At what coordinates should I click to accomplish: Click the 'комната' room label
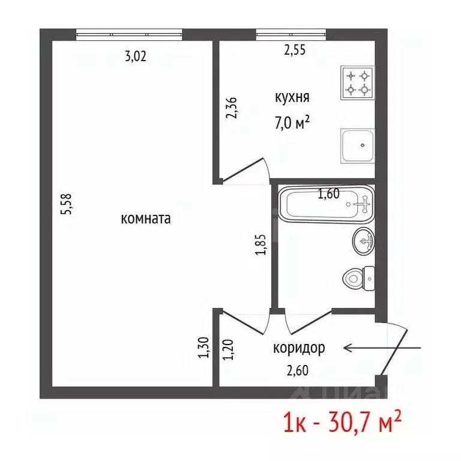click(146, 219)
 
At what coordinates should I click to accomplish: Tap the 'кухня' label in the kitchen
click(292, 97)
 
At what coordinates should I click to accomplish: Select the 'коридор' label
click(299, 348)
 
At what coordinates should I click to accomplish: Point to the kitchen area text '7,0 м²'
click(292, 122)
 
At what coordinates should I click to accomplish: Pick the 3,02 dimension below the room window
click(135, 57)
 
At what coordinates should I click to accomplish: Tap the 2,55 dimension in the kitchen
click(295, 50)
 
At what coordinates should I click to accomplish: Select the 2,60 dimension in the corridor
click(297, 370)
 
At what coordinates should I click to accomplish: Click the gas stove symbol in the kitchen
click(357, 83)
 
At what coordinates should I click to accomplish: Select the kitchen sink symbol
click(358, 145)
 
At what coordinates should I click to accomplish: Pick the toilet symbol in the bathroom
click(359, 277)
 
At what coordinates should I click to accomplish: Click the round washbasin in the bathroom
click(363, 241)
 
